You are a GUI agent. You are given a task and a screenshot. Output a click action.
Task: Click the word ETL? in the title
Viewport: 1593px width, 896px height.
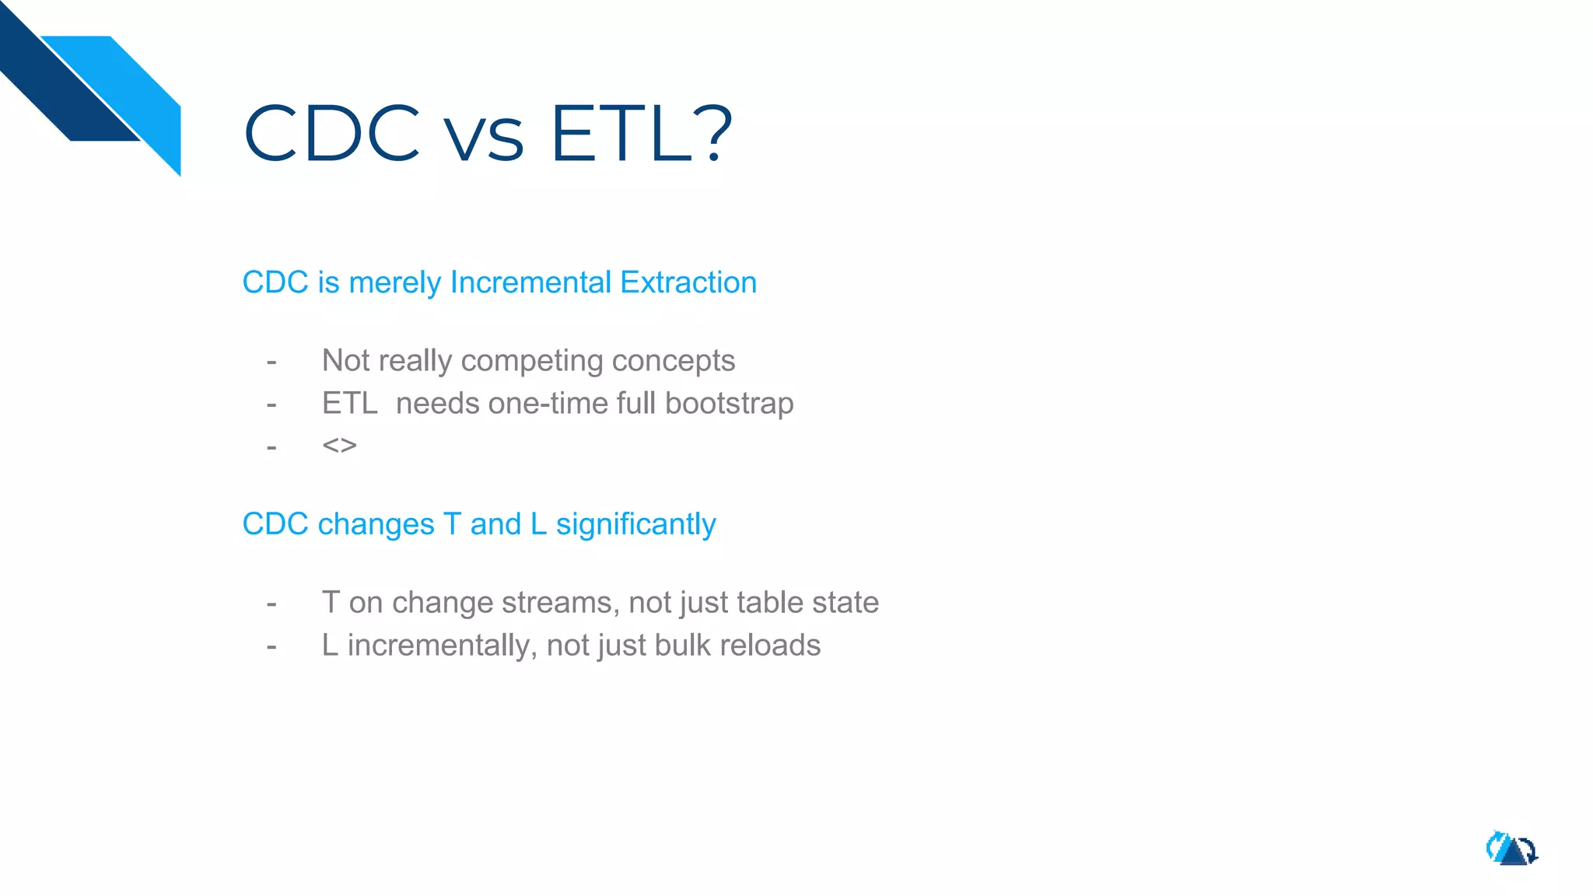tap(641, 134)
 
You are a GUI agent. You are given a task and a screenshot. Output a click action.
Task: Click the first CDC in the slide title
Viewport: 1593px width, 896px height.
tap(332, 134)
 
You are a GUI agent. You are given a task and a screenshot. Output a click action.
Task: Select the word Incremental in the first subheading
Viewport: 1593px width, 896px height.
tap(530, 282)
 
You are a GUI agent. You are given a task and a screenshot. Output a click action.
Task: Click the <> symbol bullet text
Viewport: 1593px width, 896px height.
tap(339, 446)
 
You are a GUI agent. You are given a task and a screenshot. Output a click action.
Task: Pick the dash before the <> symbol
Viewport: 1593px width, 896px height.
tap(271, 447)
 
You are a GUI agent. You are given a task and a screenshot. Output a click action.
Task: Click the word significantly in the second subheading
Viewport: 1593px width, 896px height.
tap(635, 525)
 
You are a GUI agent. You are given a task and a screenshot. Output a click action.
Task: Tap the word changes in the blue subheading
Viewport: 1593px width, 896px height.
tap(376, 525)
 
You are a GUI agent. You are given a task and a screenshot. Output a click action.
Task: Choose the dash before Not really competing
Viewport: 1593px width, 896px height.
tap(271, 362)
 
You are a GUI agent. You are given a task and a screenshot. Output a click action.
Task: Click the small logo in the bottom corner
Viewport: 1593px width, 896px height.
tap(1511, 849)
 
